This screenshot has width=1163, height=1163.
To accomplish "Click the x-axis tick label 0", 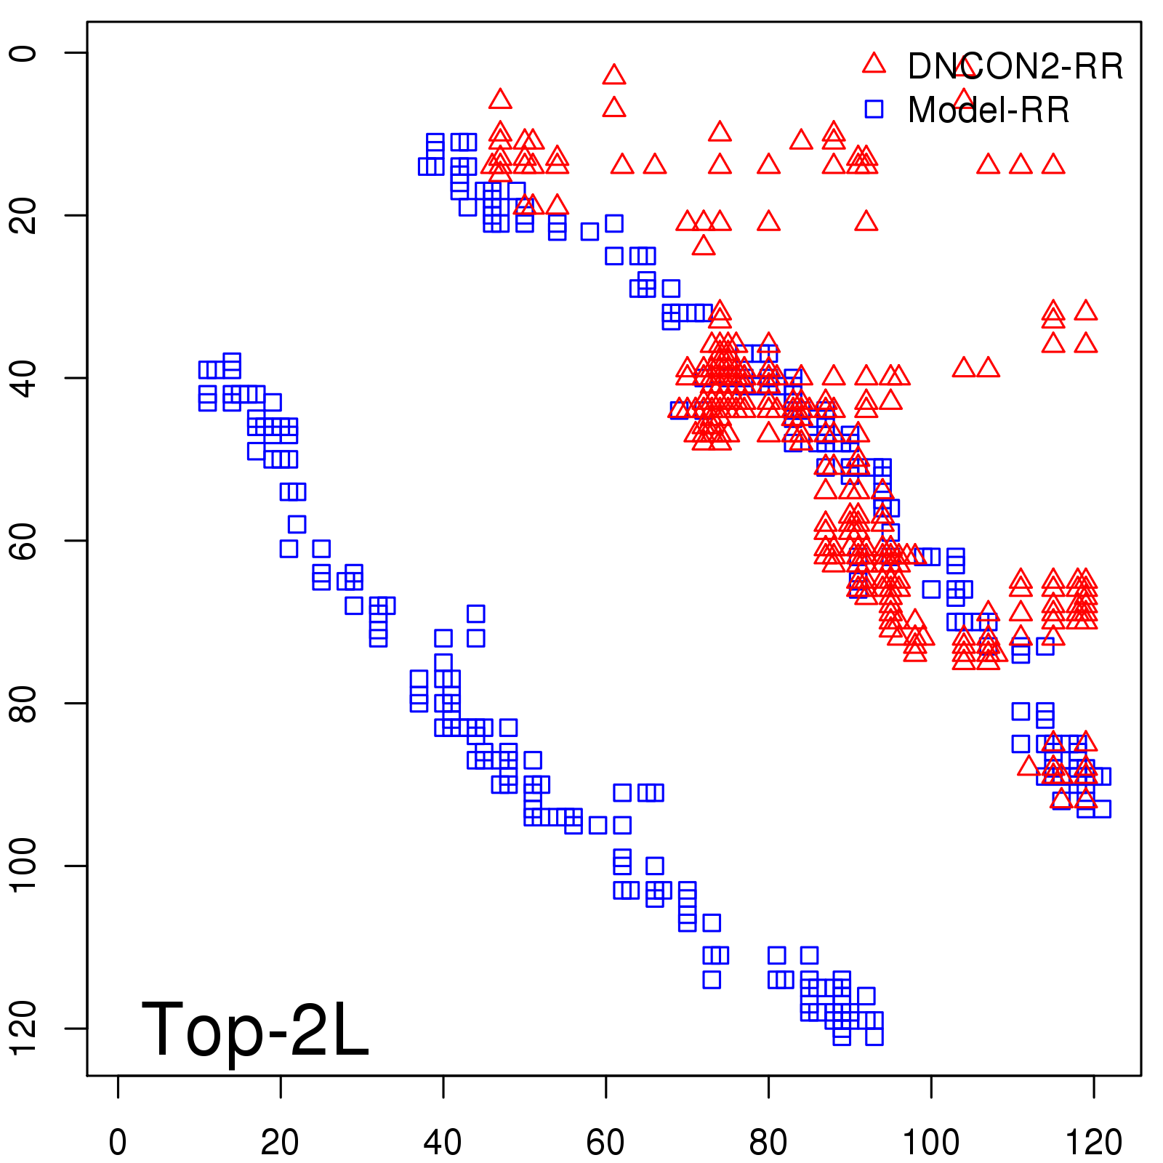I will coord(118,1143).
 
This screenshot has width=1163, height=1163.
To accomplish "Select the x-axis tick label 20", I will coord(280,1143).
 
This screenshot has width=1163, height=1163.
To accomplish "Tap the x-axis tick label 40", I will coord(443,1143).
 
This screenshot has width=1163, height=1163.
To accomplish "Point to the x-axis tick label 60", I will coord(605,1143).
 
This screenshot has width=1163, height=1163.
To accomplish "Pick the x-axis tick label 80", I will coord(768,1143).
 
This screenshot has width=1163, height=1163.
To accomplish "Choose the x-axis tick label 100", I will coord(930,1143).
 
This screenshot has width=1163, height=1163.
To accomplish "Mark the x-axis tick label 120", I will coord(1093,1143).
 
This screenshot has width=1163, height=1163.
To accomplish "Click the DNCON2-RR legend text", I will coord(1015,67).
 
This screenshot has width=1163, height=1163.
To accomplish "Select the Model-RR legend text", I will coord(989,110).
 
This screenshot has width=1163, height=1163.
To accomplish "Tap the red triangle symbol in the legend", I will coord(874,64).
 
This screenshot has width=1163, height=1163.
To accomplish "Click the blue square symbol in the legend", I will coord(874,109).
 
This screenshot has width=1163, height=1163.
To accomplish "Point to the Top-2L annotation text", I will coord(255,1029).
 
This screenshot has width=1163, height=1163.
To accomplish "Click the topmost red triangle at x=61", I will coord(614,75).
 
